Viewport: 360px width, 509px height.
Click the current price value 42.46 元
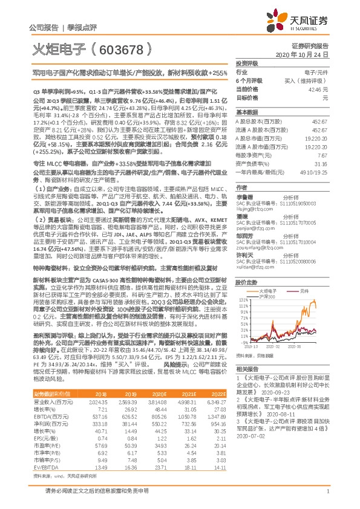coord(314,89)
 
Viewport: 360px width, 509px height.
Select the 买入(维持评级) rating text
coord(307,80)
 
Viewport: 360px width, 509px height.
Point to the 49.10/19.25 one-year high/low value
coord(316,172)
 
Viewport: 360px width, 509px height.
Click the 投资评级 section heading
coord(247,63)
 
